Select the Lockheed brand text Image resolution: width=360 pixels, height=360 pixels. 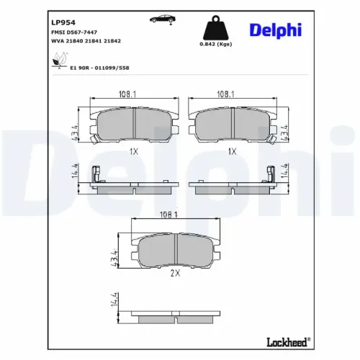click(x=288, y=341)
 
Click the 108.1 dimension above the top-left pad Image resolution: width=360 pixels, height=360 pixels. click(x=130, y=94)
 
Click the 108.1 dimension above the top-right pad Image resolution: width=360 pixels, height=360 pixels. click(x=230, y=94)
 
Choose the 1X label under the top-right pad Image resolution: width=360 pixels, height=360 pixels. click(x=232, y=152)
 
